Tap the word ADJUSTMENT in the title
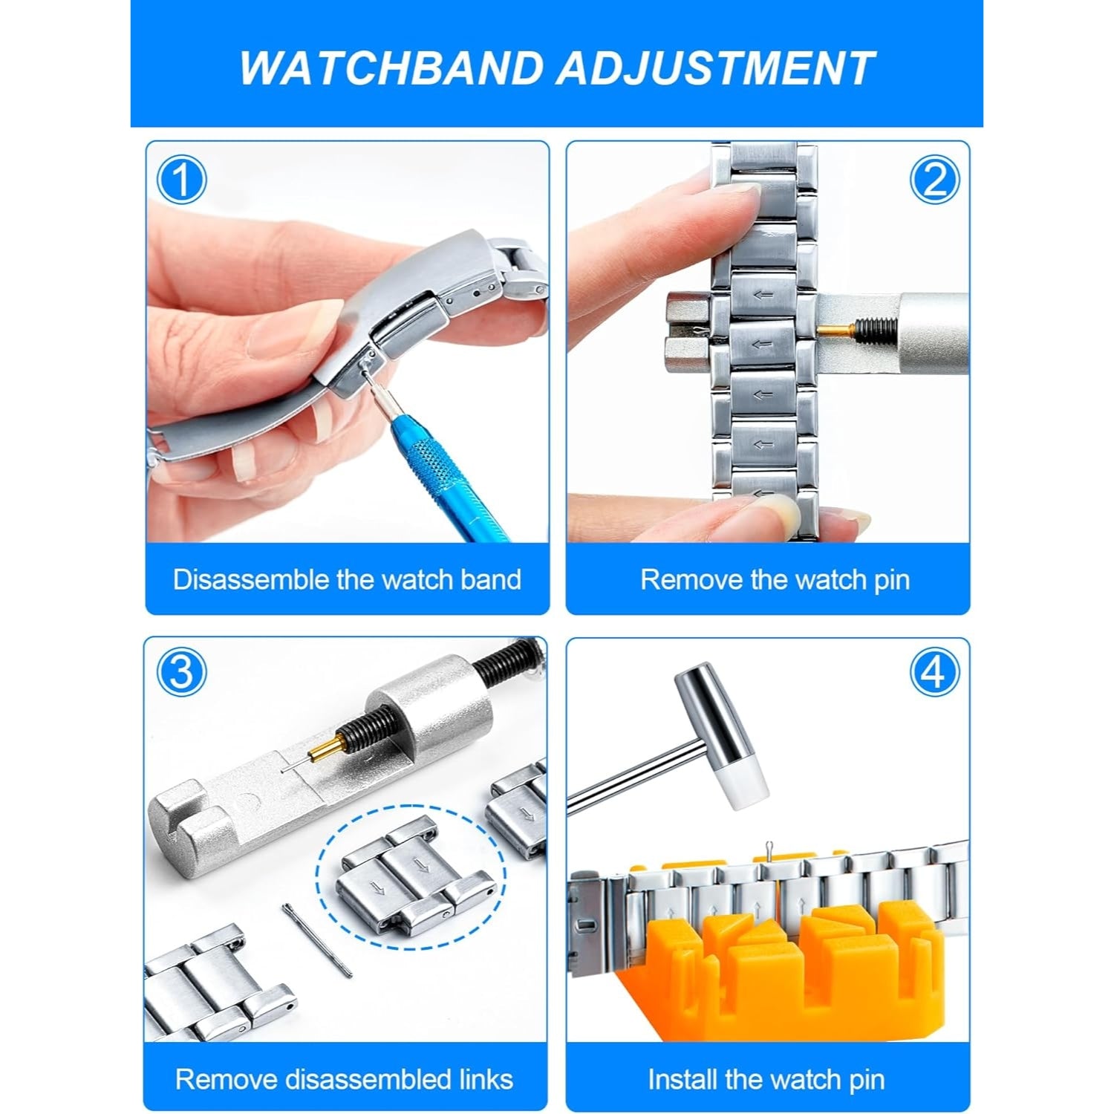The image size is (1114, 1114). point(714,68)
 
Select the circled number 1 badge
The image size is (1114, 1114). point(181,180)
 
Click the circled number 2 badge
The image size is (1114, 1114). point(934,180)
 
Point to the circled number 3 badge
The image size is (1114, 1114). point(181,673)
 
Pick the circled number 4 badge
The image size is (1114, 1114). point(934,673)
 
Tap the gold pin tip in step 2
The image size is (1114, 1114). point(836,325)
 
